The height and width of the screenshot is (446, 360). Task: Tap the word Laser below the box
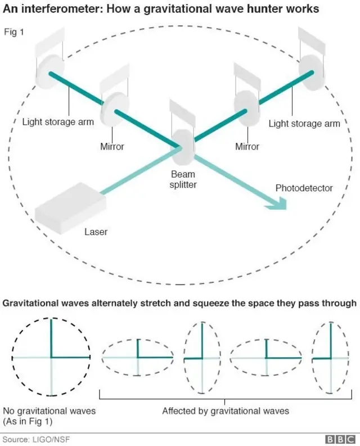coord(96,232)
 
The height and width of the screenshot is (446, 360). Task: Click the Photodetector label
coord(304,188)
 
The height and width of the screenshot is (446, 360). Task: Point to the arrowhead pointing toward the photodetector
coord(278,204)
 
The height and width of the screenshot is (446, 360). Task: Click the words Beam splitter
coord(183,180)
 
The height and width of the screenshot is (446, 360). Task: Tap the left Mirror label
coord(111,147)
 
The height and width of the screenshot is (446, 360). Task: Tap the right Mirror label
coord(247,147)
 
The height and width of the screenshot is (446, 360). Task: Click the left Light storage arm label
coord(58,121)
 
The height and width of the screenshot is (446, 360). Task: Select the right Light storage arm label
coord(304,124)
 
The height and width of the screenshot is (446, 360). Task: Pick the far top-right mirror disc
coord(312,71)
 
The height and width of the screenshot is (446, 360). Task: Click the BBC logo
coord(341,439)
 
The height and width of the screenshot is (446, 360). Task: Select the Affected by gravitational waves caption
coord(225,411)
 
